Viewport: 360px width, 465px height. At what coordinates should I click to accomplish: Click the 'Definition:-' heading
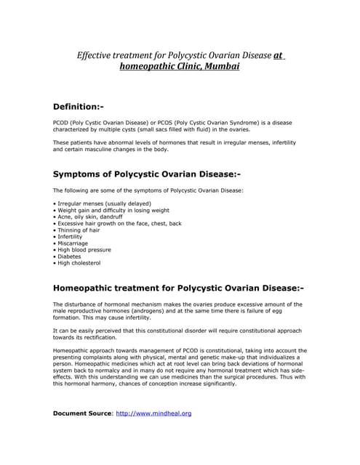(x=84, y=107)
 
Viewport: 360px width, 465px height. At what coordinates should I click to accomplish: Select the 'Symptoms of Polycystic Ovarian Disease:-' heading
(x=146, y=174)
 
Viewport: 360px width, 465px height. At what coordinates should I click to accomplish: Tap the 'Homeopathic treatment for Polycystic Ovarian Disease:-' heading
(x=178, y=288)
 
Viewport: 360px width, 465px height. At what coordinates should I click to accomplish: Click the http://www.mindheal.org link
(x=153, y=413)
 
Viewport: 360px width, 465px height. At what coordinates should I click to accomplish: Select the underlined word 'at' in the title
(x=278, y=54)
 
